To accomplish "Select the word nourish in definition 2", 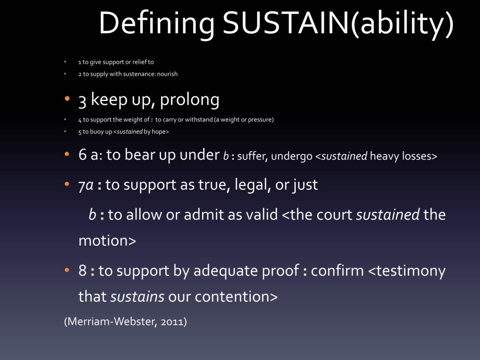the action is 167,74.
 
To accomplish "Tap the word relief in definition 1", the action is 140,62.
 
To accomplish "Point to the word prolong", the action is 189,100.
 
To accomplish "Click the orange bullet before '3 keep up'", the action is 67,99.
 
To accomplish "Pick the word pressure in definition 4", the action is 259,120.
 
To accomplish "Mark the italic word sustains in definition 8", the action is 137,297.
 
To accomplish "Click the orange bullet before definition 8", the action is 67,270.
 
